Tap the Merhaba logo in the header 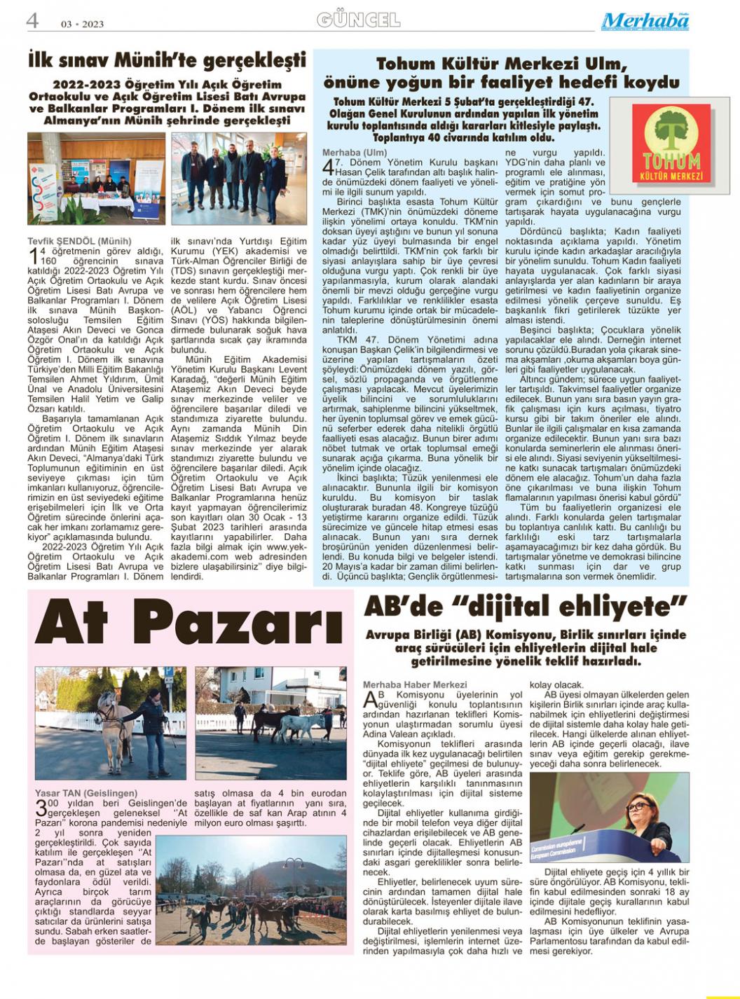coord(645,21)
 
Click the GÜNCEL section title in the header coord(358,20)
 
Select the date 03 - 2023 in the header coord(82,24)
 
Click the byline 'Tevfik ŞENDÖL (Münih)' coord(79,241)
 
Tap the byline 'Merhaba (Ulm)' coord(354,153)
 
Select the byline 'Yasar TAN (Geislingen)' coord(86,793)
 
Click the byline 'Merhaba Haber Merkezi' coord(415,684)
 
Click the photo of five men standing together coord(239,178)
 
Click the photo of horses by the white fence coord(270,723)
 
